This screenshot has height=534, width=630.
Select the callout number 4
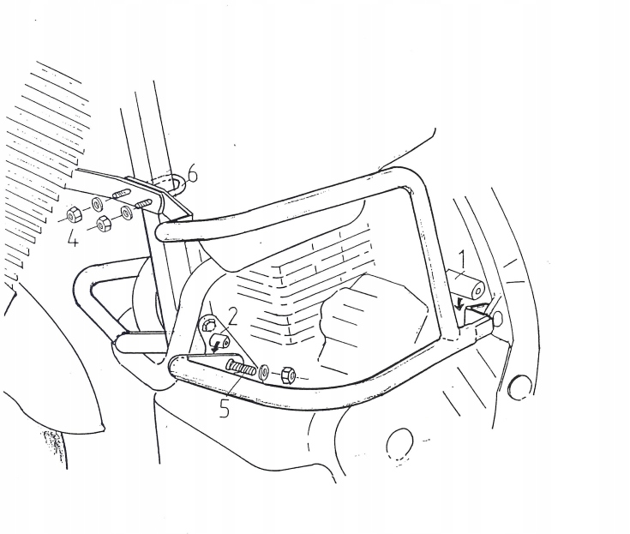coord(73,237)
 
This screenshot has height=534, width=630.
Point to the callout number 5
coord(225,408)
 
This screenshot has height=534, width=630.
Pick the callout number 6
coord(193,174)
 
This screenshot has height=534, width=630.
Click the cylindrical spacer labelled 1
coord(466,285)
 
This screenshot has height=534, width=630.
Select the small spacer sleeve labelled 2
coord(219,339)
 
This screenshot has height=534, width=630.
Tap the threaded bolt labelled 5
coord(241,367)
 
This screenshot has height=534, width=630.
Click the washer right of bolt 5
coord(264,372)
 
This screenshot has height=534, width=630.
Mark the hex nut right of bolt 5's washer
coord(289,375)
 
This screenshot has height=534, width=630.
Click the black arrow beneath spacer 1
coord(459,306)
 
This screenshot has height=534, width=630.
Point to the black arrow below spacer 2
coord(217,346)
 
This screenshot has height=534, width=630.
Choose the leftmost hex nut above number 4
coord(74,216)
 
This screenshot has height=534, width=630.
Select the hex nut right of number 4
coord(104,224)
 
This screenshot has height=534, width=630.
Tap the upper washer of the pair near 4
coord(98,205)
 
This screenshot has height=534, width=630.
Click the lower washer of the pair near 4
coord(128,213)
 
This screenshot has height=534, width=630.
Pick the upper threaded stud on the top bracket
coord(122,193)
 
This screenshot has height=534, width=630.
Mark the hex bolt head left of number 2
coord(208,324)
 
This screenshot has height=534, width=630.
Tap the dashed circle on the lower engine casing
coord(399,444)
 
